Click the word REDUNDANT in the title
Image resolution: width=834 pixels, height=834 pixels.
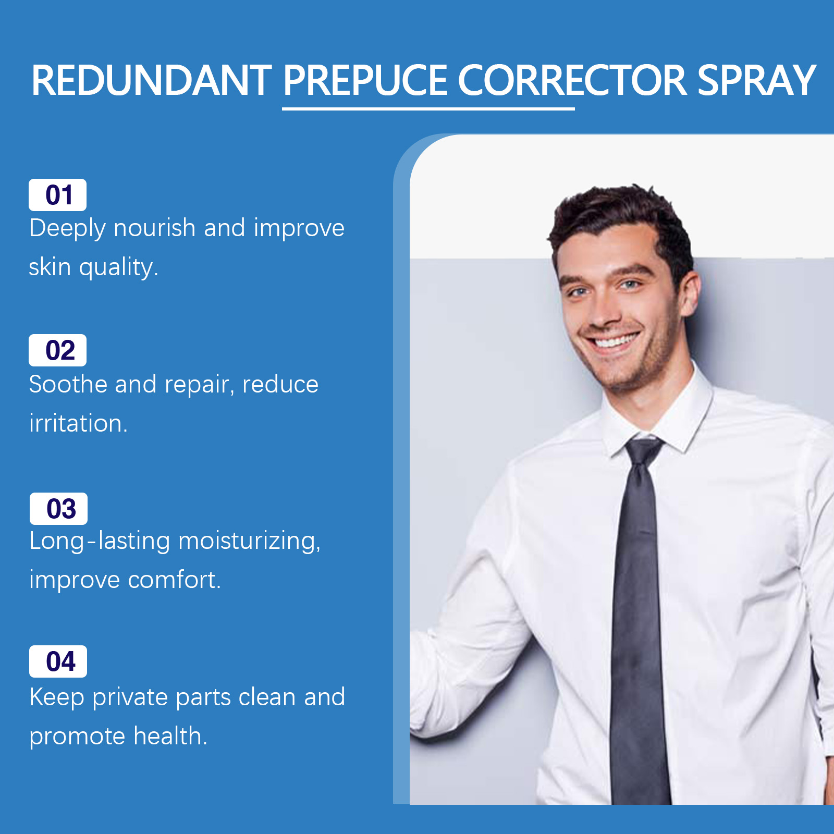152,80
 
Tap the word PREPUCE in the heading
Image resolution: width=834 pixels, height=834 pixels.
365,80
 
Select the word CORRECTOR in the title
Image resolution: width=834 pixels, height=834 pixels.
572,80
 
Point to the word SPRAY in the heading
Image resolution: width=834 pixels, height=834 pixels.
756,80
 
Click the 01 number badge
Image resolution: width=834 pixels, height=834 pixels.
57,195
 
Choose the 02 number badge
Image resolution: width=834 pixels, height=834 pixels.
57,350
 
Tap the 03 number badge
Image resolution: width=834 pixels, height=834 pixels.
58,509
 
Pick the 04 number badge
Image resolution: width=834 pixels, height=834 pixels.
58,661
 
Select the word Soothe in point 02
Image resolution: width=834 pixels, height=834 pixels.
68,384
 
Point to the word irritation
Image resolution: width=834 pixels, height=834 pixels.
78,423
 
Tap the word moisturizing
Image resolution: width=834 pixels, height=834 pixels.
249,542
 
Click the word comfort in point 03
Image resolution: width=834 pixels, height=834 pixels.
175,580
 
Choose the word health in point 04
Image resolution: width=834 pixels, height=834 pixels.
170,735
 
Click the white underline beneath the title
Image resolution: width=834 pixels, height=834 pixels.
428,108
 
